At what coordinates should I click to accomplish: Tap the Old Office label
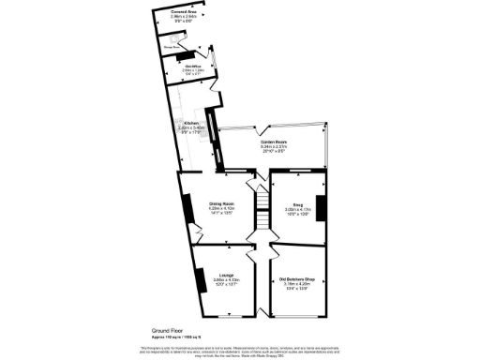point(194,66)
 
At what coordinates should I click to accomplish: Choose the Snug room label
point(295,205)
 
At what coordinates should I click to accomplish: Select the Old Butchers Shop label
point(295,278)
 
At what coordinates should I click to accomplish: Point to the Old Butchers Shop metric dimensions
point(295,284)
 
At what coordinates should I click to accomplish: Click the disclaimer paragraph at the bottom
point(239,351)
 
